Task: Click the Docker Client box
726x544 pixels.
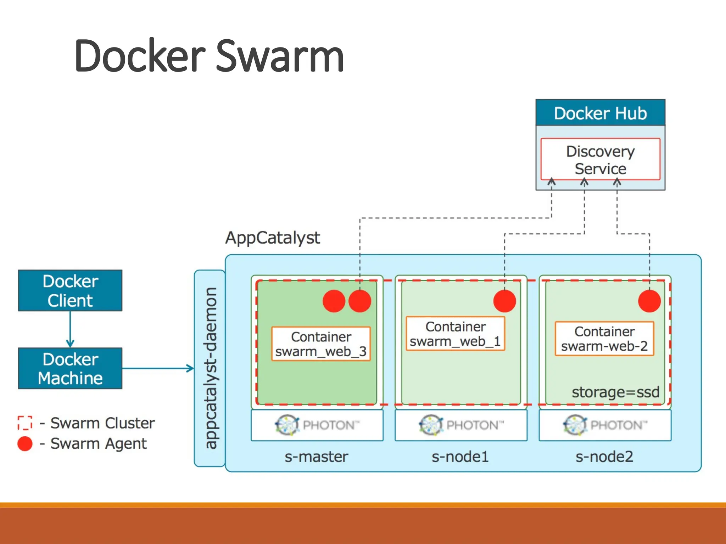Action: (x=70, y=290)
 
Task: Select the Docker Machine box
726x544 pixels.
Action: (x=70, y=368)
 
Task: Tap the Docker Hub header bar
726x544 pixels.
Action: (x=600, y=113)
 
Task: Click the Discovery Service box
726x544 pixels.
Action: (x=600, y=159)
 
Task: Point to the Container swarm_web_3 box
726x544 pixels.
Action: (x=321, y=344)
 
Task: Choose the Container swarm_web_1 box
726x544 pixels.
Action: (x=455, y=334)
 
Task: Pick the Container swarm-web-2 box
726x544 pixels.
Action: (x=604, y=339)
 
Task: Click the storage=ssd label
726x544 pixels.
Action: (x=615, y=392)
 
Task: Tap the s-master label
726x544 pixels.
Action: (x=316, y=457)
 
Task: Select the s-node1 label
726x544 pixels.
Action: (x=460, y=457)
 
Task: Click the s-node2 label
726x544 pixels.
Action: (x=604, y=457)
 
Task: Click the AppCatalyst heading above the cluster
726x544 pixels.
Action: (x=272, y=238)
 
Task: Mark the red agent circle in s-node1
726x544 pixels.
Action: (x=504, y=301)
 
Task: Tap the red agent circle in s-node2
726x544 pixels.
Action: (x=649, y=301)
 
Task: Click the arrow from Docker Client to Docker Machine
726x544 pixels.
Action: (x=70, y=329)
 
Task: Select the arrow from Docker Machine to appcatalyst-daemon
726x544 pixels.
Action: (x=158, y=368)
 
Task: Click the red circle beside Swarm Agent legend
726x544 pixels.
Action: (x=25, y=444)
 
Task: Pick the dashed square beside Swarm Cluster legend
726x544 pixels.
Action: (x=25, y=423)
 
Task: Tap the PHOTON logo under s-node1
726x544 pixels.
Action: (x=461, y=425)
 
